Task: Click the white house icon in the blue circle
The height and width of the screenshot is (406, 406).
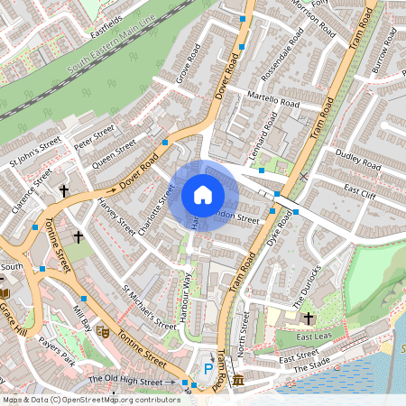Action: (203, 195)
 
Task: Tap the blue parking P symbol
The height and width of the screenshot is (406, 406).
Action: (208, 368)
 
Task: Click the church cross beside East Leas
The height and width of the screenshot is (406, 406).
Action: (309, 318)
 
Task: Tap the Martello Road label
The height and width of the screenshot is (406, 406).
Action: (272, 98)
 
